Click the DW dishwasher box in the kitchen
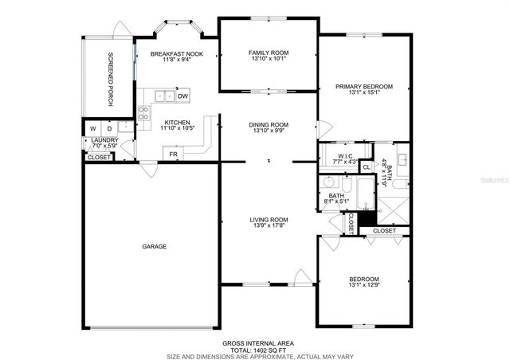coord(182,96)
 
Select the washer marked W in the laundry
coord(93,128)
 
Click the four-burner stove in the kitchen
coord(143,112)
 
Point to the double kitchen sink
coord(164,96)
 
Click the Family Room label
coord(269,53)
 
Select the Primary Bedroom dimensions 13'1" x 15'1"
coord(363,92)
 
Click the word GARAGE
coord(155,247)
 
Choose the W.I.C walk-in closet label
coord(345,155)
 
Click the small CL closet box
coord(366,167)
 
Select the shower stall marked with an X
coord(392,208)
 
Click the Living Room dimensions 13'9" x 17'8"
coord(269,225)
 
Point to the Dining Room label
coord(269,124)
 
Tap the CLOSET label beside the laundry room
coord(99,157)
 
